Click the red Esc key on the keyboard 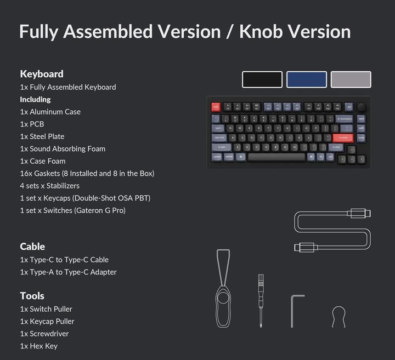pyautogui.click(x=216, y=107)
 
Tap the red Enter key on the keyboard pyautogui.click(x=343, y=138)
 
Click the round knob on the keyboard pyautogui.click(x=362, y=107)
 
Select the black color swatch pyautogui.click(x=262, y=79)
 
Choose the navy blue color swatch pyautogui.click(x=307, y=79)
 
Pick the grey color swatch pyautogui.click(x=351, y=79)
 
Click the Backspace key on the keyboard pyautogui.click(x=344, y=118)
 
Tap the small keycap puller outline pyautogui.click(x=339, y=317)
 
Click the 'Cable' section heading pyautogui.click(x=32, y=247)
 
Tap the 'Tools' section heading pyautogui.click(x=32, y=296)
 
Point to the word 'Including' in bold pyautogui.click(x=35, y=99)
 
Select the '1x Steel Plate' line pyautogui.click(x=42, y=136)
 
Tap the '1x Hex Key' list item pyautogui.click(x=39, y=346)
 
